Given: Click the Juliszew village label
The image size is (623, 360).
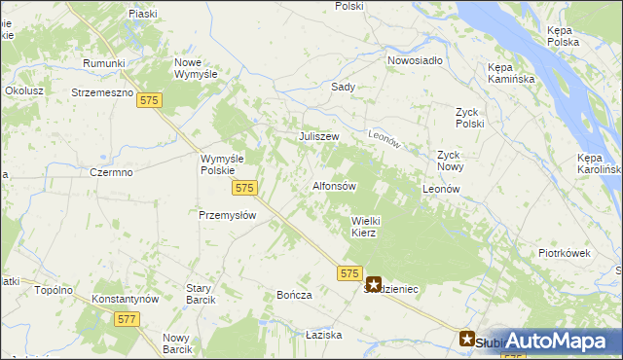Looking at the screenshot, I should coord(318,136).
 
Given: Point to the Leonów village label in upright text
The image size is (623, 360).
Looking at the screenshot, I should coord(441,188).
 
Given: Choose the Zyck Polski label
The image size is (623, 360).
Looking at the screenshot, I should coord(469,118).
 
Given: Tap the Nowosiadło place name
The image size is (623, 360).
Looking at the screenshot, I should coord(415,59).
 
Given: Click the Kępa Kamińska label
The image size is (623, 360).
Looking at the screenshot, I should coord(507,73).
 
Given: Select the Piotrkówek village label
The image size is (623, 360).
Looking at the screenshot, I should coord(565,253).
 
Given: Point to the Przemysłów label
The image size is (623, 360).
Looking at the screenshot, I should coord(227,216).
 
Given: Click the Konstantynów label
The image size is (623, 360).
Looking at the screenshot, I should coord(125,299).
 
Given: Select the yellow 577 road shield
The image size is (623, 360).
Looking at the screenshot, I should coord(126,318).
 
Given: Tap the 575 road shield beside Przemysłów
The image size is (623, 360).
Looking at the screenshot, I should coord(244,188).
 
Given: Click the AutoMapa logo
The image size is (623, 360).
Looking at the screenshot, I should coord(558,341).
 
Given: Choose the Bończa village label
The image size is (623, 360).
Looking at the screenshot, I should coord(294,295).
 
